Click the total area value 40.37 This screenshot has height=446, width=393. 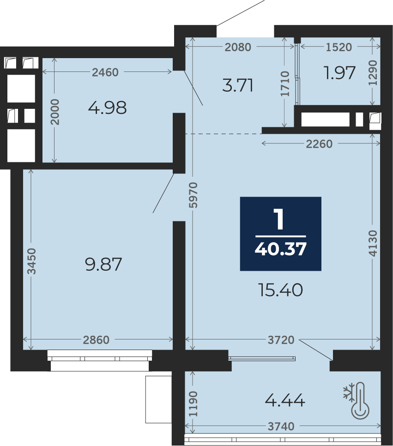coord(280,250)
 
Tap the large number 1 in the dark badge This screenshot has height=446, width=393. coord(279,220)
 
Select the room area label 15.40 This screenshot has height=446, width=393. coord(280,290)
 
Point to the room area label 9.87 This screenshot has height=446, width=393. coord(103,264)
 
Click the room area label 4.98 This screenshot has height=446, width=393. coord(107,108)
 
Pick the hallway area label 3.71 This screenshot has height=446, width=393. coord(237,85)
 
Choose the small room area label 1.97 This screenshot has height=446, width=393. coord(340,73)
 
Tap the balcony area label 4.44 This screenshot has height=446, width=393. coord(285,400)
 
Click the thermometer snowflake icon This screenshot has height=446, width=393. coord(357,400)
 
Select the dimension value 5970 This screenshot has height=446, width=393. coord(193,195)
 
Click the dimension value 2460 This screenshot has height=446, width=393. coord(105,72)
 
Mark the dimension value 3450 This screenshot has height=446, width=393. coord(31,261)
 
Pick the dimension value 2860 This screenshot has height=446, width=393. coord(96,340)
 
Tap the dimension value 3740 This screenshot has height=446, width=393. coord(281,427)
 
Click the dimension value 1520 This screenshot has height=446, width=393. coord(339,47)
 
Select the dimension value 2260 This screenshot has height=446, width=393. coord(319,144)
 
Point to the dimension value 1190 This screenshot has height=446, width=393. coord(193,404)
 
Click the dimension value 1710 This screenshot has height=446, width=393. coord(285,83)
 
